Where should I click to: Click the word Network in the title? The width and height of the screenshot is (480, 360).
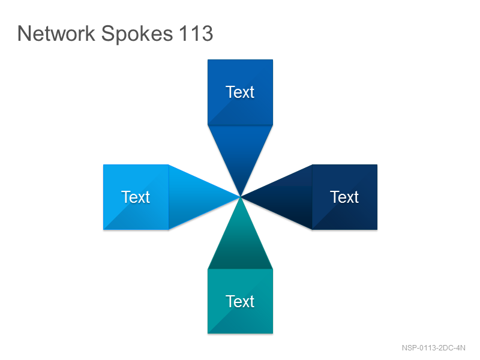pos(56,33)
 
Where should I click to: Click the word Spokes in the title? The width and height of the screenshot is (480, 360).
pos(137,34)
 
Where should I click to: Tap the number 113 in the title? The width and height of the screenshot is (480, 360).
pos(196,33)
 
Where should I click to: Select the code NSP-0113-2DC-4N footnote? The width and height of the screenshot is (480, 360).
pos(433,348)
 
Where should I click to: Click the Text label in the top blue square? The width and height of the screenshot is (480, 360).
pos(240,92)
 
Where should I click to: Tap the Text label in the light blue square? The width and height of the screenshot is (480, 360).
pos(136,197)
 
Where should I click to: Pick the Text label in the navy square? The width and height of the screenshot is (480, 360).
pos(344,197)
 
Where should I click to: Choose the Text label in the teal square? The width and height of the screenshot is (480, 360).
pos(240,302)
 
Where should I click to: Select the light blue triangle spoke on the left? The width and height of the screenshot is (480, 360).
pos(193,197)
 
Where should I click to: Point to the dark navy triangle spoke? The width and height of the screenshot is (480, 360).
pos(288,197)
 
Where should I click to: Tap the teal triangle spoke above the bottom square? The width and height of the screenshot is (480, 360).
pos(241,245)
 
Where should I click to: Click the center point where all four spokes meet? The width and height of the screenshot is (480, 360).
pos(241,197)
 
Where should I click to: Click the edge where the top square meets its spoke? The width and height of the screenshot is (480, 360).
pos(241,125)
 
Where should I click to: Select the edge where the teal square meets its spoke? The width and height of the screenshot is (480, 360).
pos(241,269)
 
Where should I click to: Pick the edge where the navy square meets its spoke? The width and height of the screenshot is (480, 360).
pos(312,197)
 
